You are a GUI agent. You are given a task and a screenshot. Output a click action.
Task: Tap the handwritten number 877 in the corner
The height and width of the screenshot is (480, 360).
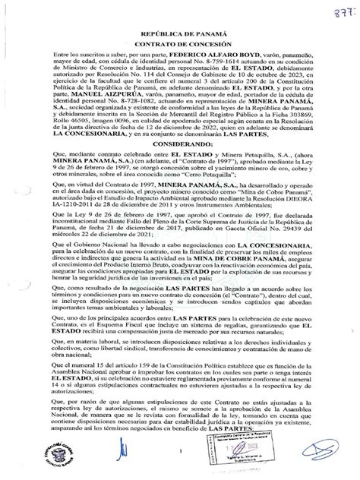pyautogui.click(x=343, y=13)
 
